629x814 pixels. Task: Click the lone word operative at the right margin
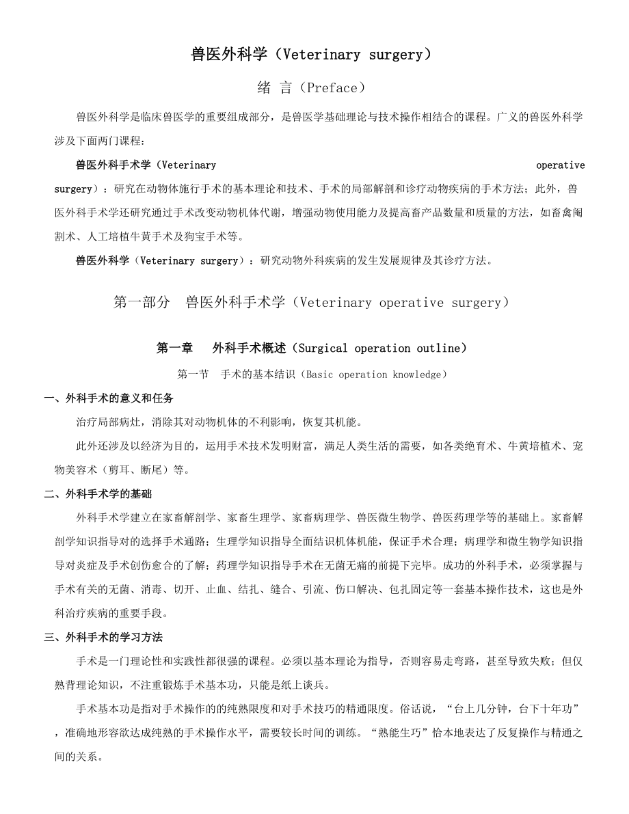[x=560, y=165]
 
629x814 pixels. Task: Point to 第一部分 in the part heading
[x=141, y=302]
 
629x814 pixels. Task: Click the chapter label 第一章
[x=174, y=348]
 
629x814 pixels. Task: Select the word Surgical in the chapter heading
[x=324, y=348]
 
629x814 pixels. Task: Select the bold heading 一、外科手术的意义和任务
[x=109, y=398]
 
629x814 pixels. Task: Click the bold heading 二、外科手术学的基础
[x=98, y=493]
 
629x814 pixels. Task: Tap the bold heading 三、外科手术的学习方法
[x=103, y=637]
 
